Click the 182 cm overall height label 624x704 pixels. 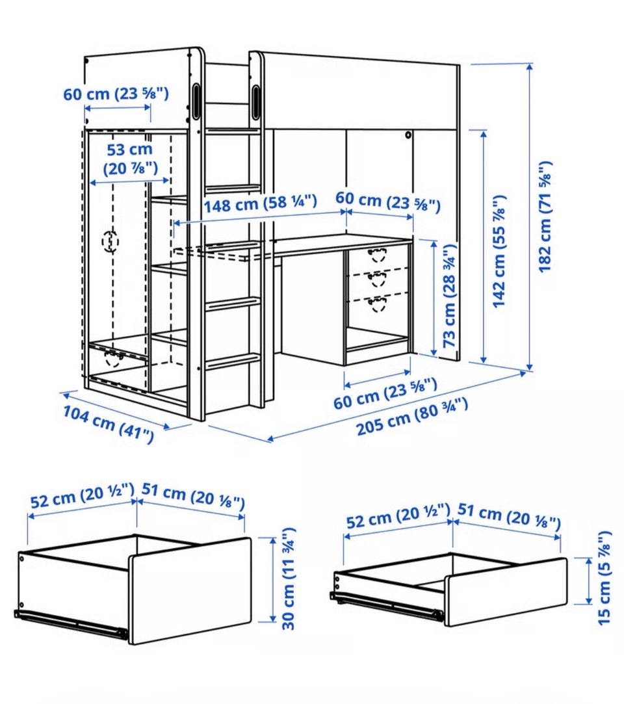click(x=545, y=216)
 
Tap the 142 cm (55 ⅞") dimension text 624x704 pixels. click(x=499, y=252)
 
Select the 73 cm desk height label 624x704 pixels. click(x=449, y=296)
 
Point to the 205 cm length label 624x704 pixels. click(x=412, y=416)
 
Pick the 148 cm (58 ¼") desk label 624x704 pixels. click(x=261, y=203)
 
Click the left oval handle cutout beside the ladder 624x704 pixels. click(x=197, y=101)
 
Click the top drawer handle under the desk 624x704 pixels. click(x=377, y=254)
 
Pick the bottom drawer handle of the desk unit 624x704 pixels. click(x=376, y=304)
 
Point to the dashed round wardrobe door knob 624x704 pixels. click(x=110, y=242)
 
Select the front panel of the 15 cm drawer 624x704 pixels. click(x=506, y=592)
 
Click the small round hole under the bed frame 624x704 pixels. click(x=408, y=135)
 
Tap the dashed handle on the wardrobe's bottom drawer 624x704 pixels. click(x=114, y=359)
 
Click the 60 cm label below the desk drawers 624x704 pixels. click(x=385, y=393)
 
